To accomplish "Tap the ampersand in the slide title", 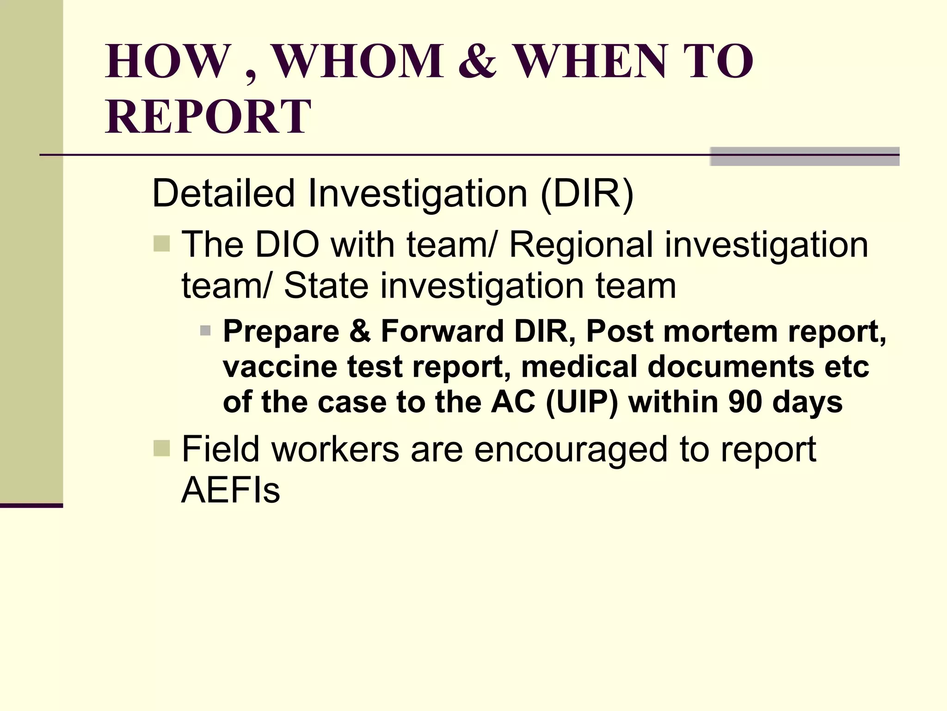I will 478,62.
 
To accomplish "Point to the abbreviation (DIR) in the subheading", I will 587,193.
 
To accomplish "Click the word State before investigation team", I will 326,285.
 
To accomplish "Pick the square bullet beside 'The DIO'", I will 161,243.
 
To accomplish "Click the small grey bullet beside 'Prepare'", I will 205,331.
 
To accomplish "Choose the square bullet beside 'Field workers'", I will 161,448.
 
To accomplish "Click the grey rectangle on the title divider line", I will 805,156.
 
